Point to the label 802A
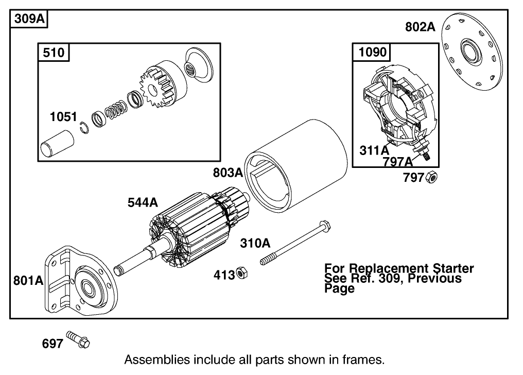(420, 27)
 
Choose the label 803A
(228, 173)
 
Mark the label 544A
(143, 203)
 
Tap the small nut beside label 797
(432, 178)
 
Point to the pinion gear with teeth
(156, 93)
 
